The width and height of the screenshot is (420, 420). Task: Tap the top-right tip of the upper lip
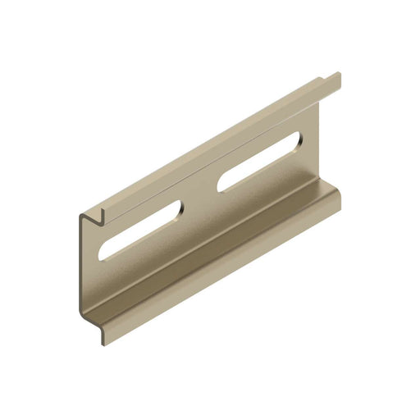coord(339,75)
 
